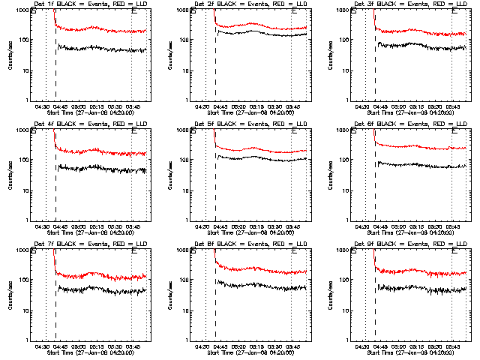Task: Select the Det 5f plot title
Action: [x=250, y=124]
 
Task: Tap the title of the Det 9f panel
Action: [x=409, y=244]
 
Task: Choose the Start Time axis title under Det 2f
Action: [x=250, y=112]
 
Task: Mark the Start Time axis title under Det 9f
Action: [x=409, y=352]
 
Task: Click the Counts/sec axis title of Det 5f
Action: [x=167, y=175]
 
